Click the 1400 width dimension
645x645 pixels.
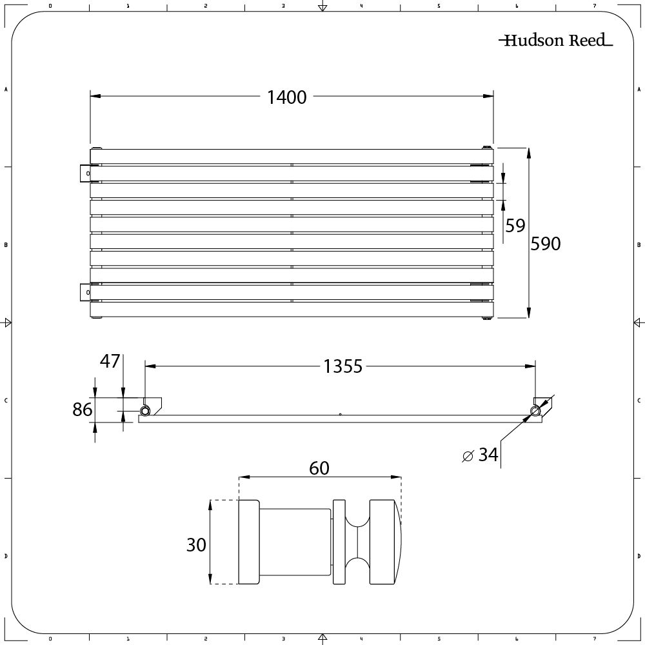point(287,97)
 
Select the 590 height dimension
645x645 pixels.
point(546,244)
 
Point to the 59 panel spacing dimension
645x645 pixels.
point(515,226)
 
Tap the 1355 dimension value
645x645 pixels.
point(342,367)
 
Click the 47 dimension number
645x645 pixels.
point(110,361)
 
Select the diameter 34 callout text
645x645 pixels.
point(481,455)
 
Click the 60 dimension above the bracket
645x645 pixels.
point(319,468)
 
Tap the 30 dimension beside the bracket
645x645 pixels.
point(196,544)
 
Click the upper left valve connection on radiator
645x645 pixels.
point(85,174)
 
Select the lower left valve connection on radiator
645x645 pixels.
point(85,292)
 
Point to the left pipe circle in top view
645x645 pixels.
point(146,411)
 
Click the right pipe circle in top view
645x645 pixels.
point(535,411)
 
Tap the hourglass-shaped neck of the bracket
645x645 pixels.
point(358,542)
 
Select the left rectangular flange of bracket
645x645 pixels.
point(249,542)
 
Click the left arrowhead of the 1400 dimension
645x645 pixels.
point(94,97)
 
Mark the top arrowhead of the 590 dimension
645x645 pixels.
point(529,152)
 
